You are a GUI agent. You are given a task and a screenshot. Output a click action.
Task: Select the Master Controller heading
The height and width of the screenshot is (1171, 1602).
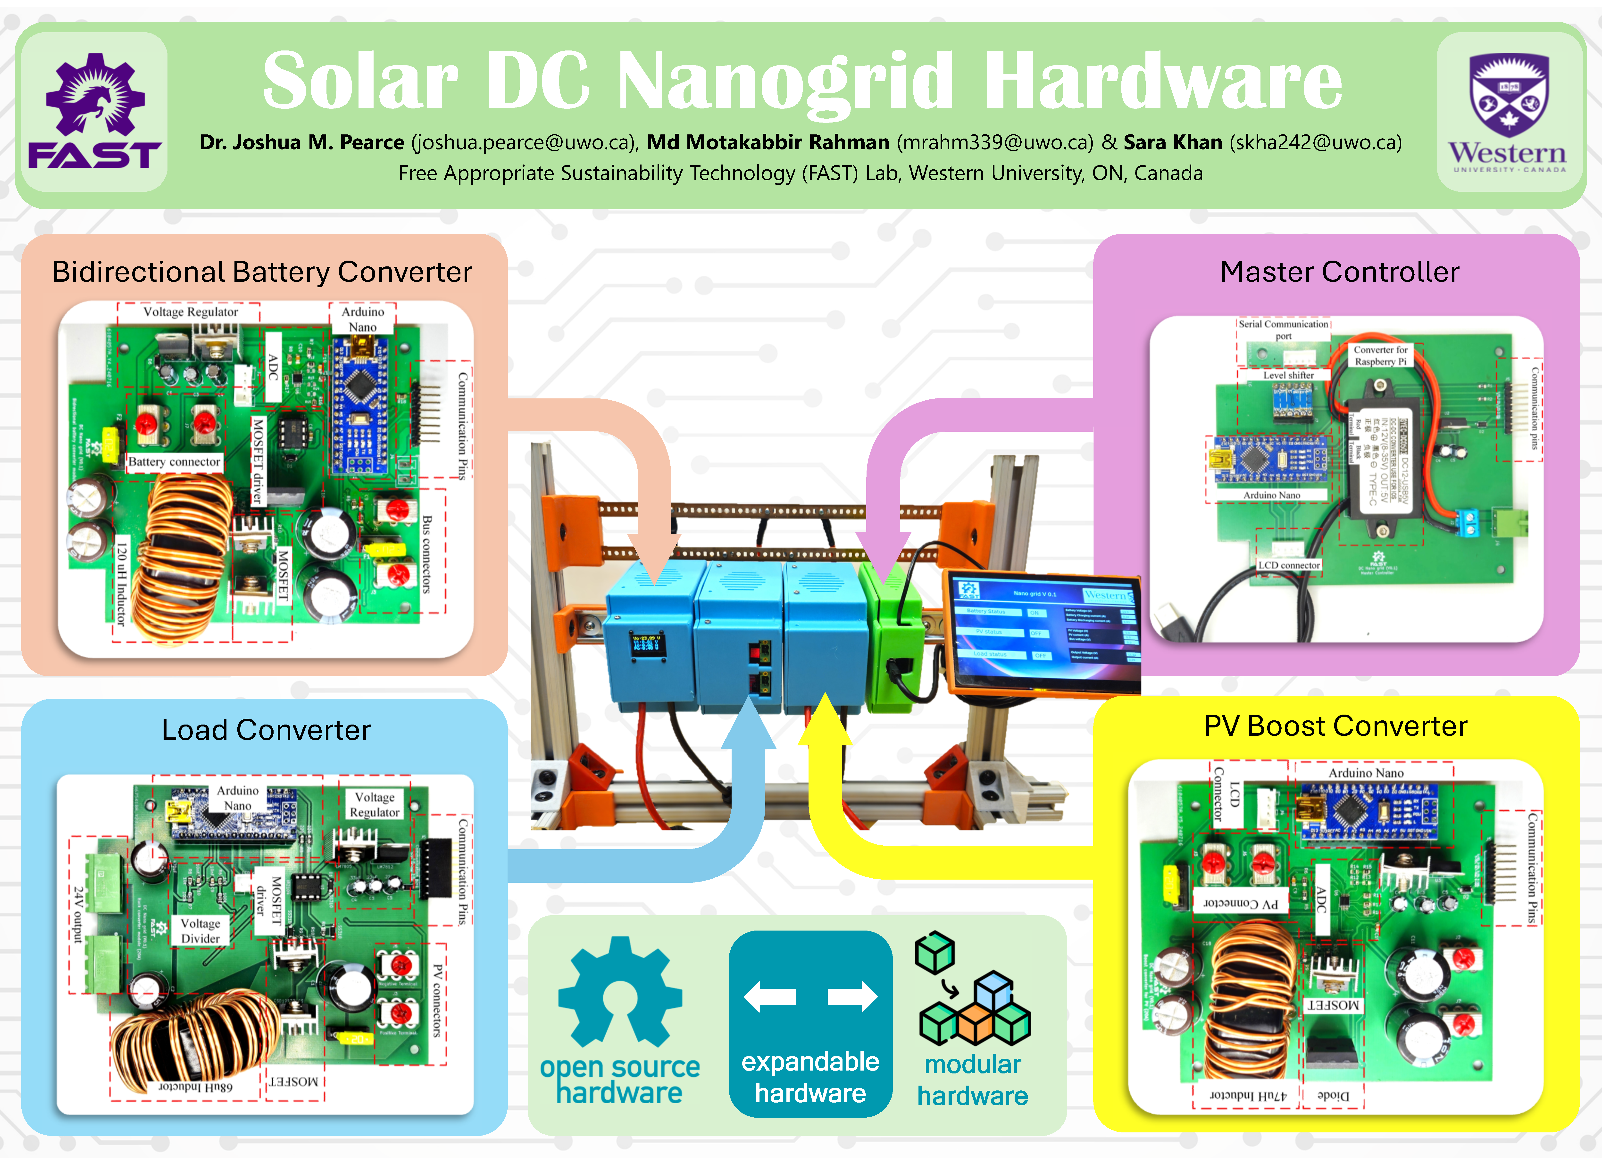click(x=1339, y=272)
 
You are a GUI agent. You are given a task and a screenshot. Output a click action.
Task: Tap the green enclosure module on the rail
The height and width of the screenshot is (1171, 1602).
click(x=892, y=638)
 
